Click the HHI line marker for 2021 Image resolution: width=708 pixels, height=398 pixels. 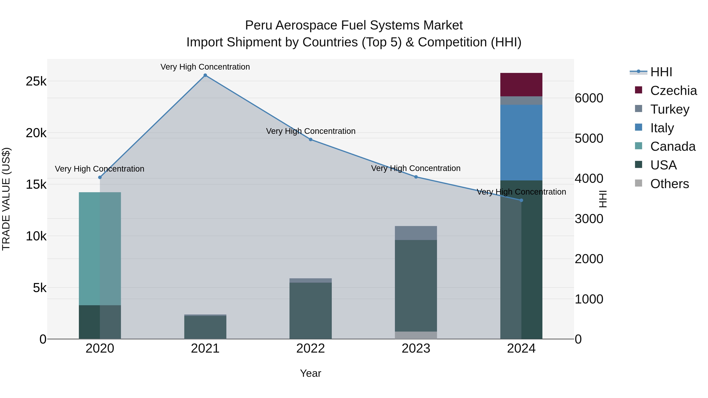click(x=205, y=75)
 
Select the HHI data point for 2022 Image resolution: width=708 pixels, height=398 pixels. click(x=311, y=140)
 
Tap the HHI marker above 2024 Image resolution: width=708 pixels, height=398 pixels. click(x=521, y=200)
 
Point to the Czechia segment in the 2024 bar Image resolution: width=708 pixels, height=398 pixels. click(x=521, y=85)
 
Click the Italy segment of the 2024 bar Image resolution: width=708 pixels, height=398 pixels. click(x=521, y=142)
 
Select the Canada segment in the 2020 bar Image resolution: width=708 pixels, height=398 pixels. click(x=100, y=249)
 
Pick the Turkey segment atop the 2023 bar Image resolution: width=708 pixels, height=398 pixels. click(x=416, y=233)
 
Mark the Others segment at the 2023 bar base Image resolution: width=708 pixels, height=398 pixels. click(x=416, y=335)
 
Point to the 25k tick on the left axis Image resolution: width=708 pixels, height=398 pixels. click(x=36, y=81)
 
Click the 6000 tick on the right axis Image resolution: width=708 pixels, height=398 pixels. click(x=589, y=98)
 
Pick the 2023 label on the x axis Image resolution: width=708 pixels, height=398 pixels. click(x=416, y=348)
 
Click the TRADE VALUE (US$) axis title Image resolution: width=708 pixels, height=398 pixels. click(x=6, y=199)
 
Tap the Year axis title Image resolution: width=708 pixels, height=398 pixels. click(x=311, y=373)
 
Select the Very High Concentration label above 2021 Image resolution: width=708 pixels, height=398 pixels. click(x=205, y=67)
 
